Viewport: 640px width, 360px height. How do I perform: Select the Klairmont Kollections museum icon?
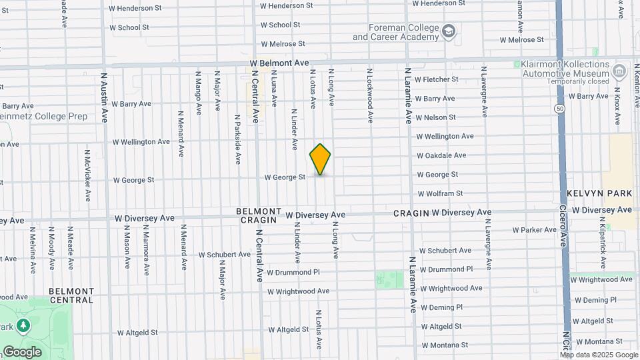619,70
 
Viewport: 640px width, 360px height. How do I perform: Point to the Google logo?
22,351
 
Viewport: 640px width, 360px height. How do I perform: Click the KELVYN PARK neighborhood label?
599,193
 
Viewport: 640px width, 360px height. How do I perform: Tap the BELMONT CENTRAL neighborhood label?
71,295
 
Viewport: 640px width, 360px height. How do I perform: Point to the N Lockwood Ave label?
369,95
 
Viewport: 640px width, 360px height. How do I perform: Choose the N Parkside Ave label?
237,139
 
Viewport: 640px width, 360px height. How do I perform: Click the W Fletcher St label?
437,79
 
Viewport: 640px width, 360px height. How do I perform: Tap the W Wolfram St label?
440,194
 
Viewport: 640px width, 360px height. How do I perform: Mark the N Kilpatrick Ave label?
602,237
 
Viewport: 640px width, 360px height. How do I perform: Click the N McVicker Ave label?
87,175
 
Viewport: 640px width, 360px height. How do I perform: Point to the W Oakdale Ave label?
441,155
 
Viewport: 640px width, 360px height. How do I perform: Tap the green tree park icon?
23,325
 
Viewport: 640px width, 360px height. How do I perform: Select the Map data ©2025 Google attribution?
599,354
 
